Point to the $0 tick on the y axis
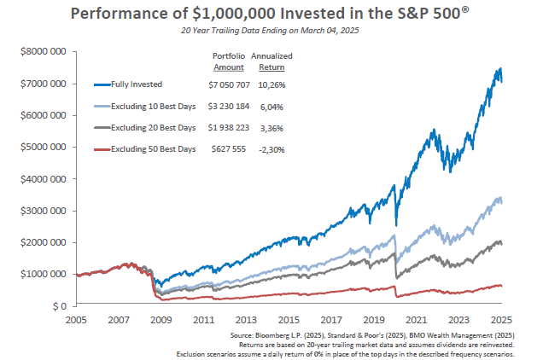[56, 305]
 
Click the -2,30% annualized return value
[272, 149]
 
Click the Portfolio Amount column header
[228, 60]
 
